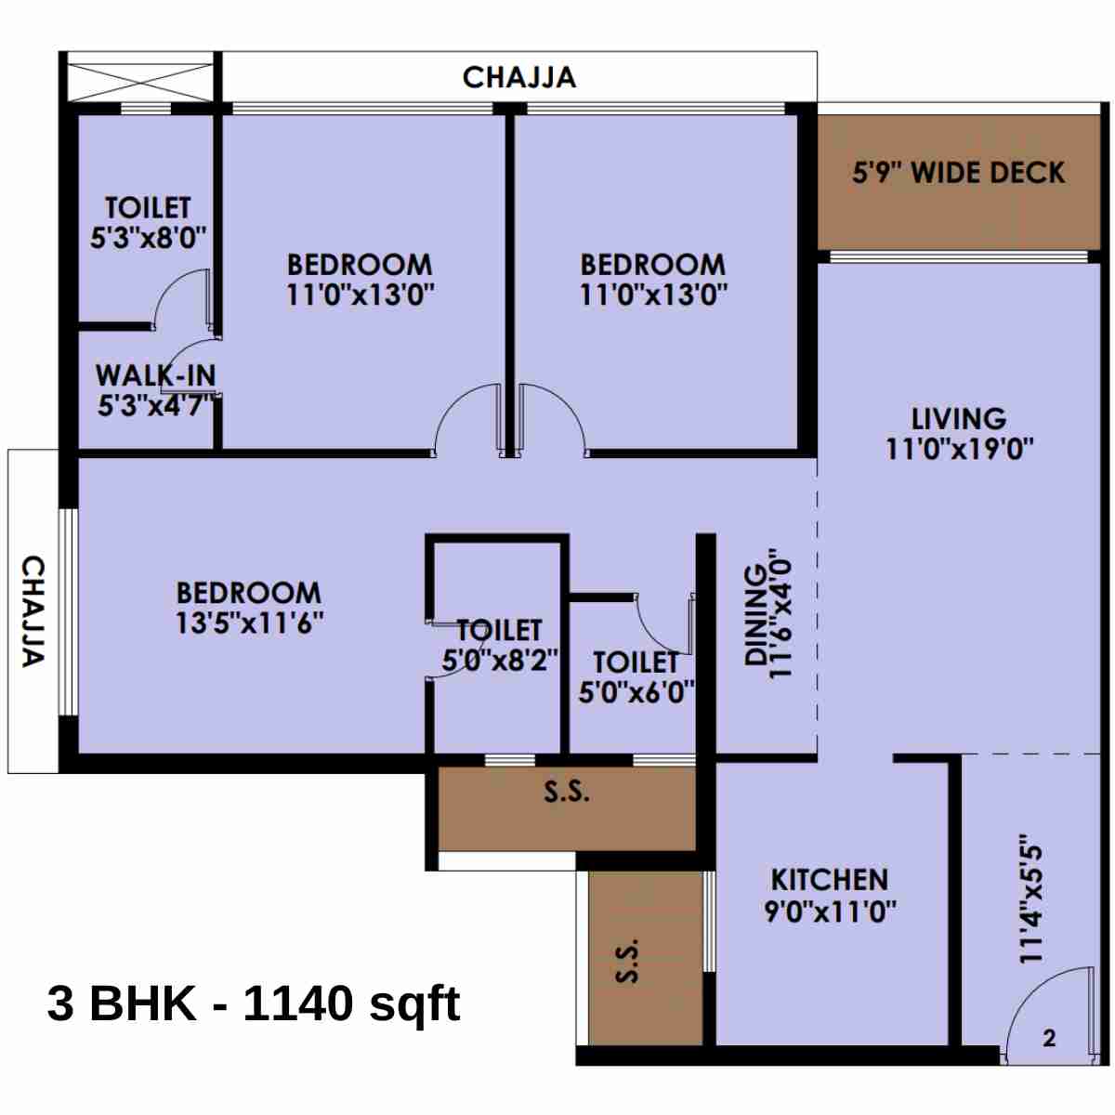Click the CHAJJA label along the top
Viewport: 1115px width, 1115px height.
(519, 77)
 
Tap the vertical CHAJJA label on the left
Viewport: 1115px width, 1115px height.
(33, 611)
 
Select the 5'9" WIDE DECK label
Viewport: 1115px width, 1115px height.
(958, 173)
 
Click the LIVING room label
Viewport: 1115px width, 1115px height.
(958, 418)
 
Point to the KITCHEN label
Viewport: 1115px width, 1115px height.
(830, 879)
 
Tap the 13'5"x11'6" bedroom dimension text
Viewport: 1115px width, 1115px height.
(250, 623)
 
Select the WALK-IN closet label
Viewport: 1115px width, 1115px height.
(155, 376)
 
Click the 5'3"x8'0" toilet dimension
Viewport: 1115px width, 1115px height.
(148, 238)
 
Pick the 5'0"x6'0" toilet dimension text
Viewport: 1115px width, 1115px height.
(636, 692)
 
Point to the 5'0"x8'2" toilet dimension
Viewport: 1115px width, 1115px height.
(500, 660)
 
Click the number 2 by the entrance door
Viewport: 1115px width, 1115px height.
(1049, 1038)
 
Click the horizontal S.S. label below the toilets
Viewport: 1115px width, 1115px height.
(566, 792)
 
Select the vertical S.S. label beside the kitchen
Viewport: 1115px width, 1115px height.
(628, 960)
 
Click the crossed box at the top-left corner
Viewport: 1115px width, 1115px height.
(141, 77)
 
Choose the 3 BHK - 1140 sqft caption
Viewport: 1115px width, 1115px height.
(254, 1003)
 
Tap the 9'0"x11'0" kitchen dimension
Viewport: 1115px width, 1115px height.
(830, 911)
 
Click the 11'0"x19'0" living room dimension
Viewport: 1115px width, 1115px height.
(959, 449)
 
